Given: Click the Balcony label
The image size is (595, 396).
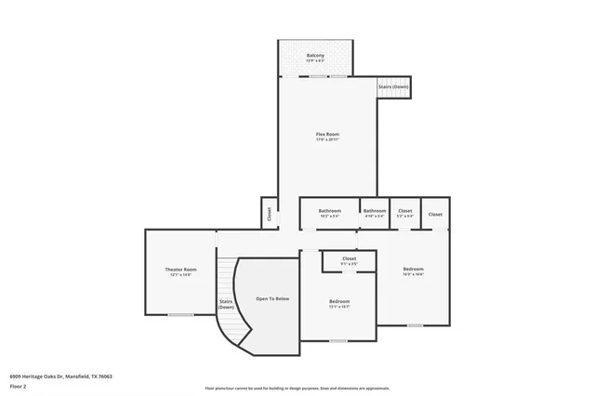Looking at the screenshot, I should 315,56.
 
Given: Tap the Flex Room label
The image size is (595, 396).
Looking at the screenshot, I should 327,135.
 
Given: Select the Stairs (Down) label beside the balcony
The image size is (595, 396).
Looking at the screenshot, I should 393,86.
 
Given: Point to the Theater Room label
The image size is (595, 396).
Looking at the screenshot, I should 181,270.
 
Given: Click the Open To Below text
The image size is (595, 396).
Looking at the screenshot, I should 272,298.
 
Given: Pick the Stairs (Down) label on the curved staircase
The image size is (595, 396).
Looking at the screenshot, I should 226,304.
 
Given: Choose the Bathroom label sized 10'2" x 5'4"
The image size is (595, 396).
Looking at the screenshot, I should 329,211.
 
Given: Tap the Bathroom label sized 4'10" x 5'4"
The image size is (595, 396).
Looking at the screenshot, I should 375,211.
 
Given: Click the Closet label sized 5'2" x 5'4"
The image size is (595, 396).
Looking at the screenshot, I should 405,211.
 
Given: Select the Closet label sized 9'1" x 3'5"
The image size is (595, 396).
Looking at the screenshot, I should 349,258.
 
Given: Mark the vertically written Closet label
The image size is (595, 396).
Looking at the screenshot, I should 268,213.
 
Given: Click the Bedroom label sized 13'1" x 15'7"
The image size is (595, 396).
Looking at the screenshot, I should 339,301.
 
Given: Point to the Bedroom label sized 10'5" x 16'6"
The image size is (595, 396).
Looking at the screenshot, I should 413,270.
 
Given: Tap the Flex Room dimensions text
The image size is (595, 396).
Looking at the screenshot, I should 327,139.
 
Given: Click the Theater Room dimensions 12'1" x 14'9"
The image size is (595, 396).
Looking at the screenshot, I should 181,275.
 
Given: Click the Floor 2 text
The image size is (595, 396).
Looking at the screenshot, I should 19,385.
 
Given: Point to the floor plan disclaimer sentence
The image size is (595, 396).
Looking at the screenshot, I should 297,388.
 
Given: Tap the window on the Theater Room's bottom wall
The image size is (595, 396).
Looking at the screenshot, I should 180,315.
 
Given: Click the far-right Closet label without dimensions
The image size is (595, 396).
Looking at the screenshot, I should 435,214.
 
